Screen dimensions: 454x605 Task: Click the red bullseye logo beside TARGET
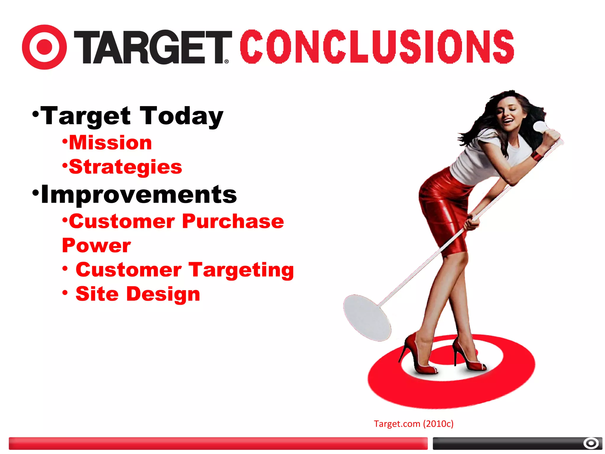click(44, 47)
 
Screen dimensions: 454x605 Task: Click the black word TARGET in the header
click(152, 47)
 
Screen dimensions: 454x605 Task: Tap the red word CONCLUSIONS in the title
click(377, 46)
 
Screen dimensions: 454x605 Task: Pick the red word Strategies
click(125, 167)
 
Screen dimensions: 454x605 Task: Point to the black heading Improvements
click(139, 194)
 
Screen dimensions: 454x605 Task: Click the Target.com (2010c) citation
click(413, 424)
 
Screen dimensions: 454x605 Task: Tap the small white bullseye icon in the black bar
click(591, 443)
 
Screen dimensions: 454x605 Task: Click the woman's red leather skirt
click(443, 207)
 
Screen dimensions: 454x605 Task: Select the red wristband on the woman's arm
click(536, 155)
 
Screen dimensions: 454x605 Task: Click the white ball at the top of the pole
click(540, 127)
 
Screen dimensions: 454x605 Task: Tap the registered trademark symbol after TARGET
click(227, 61)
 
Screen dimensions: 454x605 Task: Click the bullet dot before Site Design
click(65, 293)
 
